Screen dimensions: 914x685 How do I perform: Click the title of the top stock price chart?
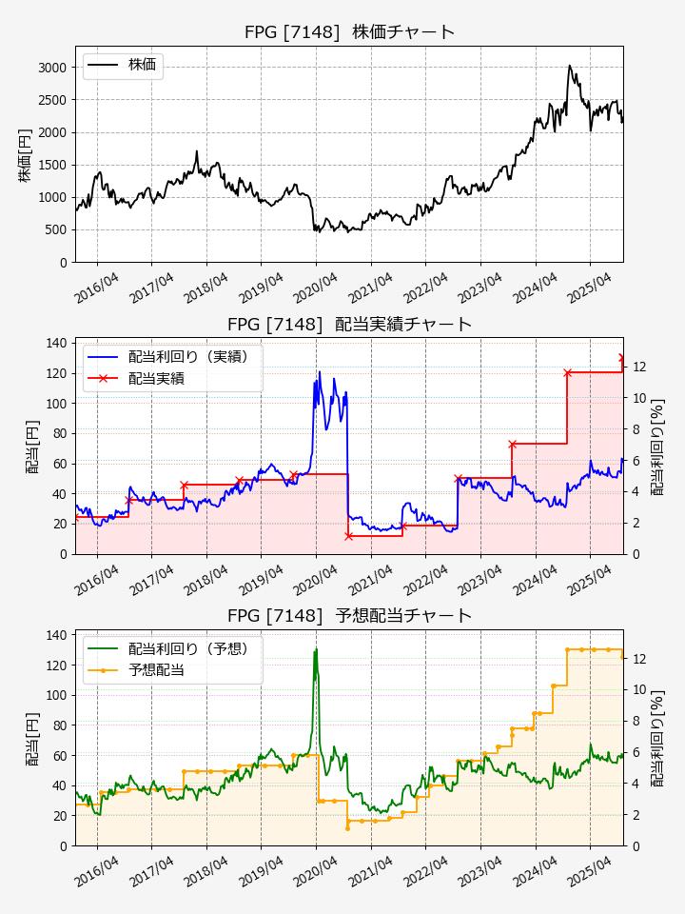(349, 32)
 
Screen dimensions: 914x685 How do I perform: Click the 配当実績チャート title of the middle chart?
(349, 325)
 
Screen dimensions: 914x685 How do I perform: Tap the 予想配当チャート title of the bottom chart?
(349, 616)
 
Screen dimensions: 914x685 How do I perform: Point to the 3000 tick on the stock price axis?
(52, 68)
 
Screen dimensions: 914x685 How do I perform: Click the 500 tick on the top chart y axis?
(56, 230)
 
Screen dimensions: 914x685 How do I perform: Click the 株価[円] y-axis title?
(25, 154)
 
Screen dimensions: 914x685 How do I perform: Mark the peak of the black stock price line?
(569, 66)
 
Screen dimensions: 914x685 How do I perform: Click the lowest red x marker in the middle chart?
(348, 536)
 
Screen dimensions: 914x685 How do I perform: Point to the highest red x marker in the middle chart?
(622, 359)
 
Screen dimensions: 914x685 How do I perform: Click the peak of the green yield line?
(315, 649)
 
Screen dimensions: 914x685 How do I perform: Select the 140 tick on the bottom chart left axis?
(56, 635)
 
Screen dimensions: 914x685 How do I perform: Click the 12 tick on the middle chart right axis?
(640, 368)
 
